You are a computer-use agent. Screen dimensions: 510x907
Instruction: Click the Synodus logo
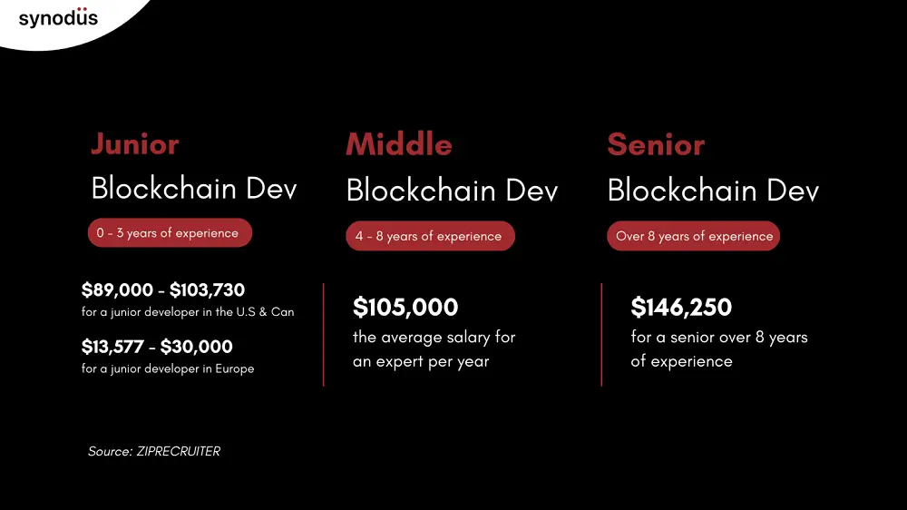[x=58, y=17]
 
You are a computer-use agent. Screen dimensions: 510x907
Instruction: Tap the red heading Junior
[x=135, y=143]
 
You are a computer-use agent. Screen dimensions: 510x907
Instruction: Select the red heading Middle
[x=398, y=143]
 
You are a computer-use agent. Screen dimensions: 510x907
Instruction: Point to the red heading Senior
[x=656, y=143]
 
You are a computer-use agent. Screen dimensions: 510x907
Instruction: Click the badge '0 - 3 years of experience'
[x=169, y=233]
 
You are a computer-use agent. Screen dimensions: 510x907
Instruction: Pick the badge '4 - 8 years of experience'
[x=429, y=237]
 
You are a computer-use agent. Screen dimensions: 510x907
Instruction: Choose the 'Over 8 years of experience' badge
[x=694, y=237]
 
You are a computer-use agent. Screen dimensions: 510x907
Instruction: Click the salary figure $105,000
[x=405, y=308]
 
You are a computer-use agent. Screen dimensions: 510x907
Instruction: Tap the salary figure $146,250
[x=681, y=308]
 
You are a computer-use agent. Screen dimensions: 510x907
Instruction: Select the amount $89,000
[x=117, y=290]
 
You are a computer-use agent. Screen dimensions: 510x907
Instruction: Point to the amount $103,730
[x=207, y=290]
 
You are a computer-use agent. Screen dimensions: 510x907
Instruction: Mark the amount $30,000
[x=197, y=347]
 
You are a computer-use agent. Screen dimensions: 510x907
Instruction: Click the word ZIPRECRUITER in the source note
[x=178, y=451]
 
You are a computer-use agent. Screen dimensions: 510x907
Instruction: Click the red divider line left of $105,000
[x=324, y=334]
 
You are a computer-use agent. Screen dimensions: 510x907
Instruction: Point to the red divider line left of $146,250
[x=601, y=334]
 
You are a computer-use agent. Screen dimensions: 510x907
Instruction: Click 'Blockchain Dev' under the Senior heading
[x=713, y=191]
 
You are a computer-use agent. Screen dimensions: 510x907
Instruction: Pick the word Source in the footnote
[x=109, y=451]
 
